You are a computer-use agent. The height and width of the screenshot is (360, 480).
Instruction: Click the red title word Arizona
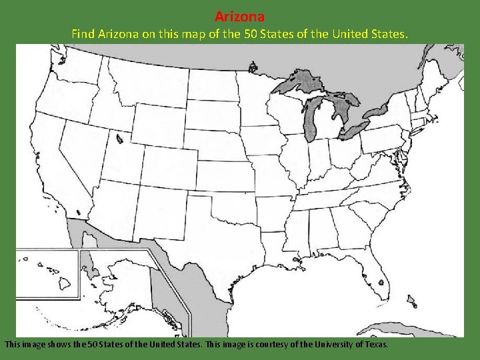coord(239,16)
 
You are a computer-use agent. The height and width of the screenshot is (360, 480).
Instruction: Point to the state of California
coord(53,167)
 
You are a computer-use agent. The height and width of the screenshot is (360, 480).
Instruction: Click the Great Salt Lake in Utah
coord(119,139)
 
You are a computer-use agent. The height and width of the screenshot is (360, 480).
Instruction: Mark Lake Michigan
coord(311,120)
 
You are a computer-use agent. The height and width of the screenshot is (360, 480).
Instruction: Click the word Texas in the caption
coord(375,345)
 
